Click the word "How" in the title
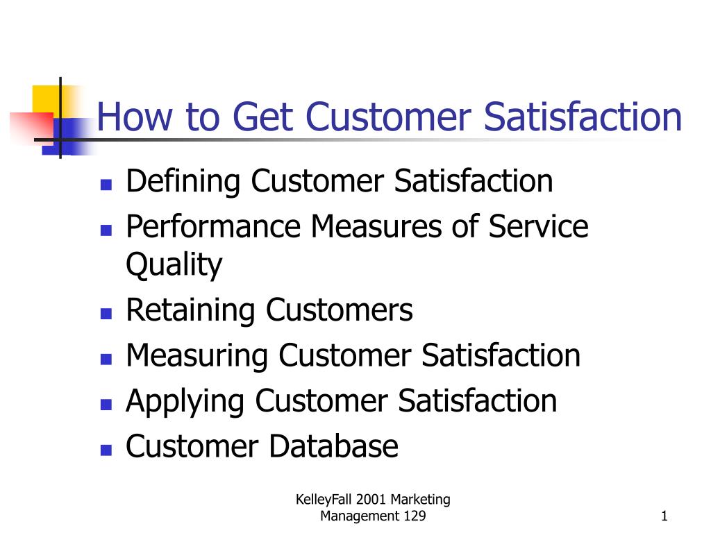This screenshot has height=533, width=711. pyautogui.click(x=135, y=117)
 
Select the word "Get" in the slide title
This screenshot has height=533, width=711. pyautogui.click(x=262, y=117)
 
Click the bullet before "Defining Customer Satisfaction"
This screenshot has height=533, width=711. pyautogui.click(x=106, y=185)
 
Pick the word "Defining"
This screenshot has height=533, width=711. pyautogui.click(x=183, y=181)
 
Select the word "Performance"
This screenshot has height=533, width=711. pyautogui.click(x=214, y=226)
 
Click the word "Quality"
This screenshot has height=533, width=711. pyautogui.click(x=174, y=264)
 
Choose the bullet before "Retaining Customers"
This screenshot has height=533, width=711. pyautogui.click(x=106, y=314)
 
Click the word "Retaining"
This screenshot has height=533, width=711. pyautogui.click(x=190, y=310)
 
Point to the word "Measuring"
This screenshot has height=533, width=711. pyautogui.click(x=196, y=356)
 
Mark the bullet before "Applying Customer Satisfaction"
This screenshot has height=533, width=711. pyautogui.click(x=106, y=405)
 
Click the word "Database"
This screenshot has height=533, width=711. pyautogui.click(x=334, y=446)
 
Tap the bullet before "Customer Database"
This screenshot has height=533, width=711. pyautogui.click(x=106, y=450)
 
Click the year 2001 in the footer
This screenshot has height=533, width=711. pyautogui.click(x=371, y=500)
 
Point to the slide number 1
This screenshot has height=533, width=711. pyautogui.click(x=664, y=516)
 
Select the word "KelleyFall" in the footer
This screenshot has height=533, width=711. pyautogui.click(x=324, y=500)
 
